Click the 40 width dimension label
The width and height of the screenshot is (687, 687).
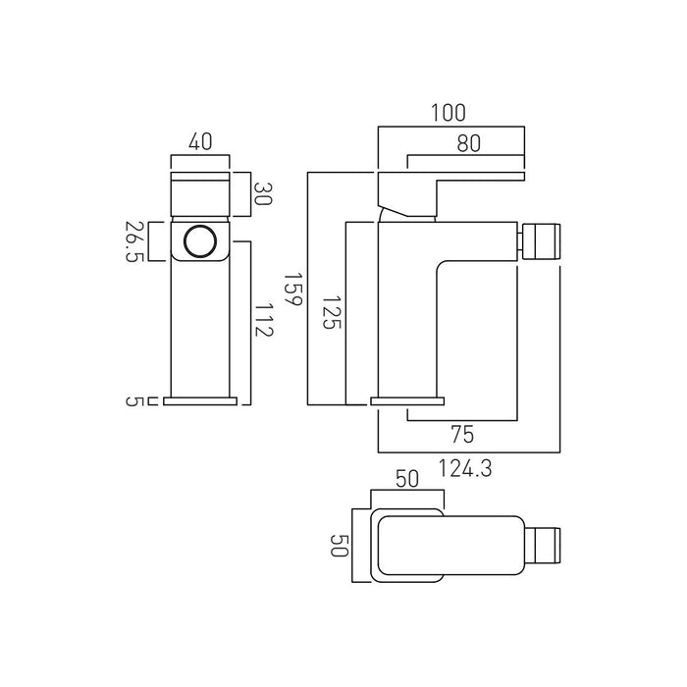tap(200, 141)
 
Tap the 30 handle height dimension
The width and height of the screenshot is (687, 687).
tap(263, 194)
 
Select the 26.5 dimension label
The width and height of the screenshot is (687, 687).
tap(134, 241)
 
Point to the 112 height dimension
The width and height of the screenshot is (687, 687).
tap(264, 319)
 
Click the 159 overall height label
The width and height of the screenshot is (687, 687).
tap(292, 290)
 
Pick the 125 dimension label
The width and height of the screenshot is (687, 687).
tap(332, 312)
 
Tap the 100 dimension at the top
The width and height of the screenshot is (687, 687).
tap(449, 113)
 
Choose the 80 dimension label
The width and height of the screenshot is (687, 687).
tap(469, 143)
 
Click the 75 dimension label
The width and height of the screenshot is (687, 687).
tap(462, 434)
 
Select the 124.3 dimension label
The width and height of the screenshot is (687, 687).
tap(465, 468)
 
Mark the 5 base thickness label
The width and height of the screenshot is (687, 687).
tap(132, 400)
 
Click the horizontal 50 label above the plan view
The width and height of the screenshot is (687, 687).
tap(407, 479)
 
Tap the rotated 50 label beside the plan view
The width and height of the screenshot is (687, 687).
tap(340, 545)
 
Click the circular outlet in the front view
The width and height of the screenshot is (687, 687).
tap(200, 241)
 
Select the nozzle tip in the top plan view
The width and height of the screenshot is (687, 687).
tap(543, 546)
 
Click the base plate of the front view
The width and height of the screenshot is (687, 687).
tap(200, 400)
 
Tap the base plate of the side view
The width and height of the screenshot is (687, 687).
tap(407, 400)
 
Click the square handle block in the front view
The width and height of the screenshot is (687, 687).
tap(200, 194)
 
